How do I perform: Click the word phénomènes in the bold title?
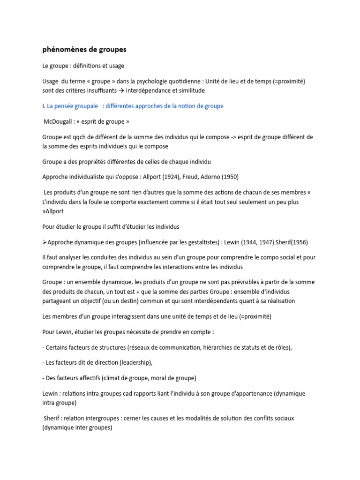click(x=64, y=49)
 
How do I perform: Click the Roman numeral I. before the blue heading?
click(x=44, y=106)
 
